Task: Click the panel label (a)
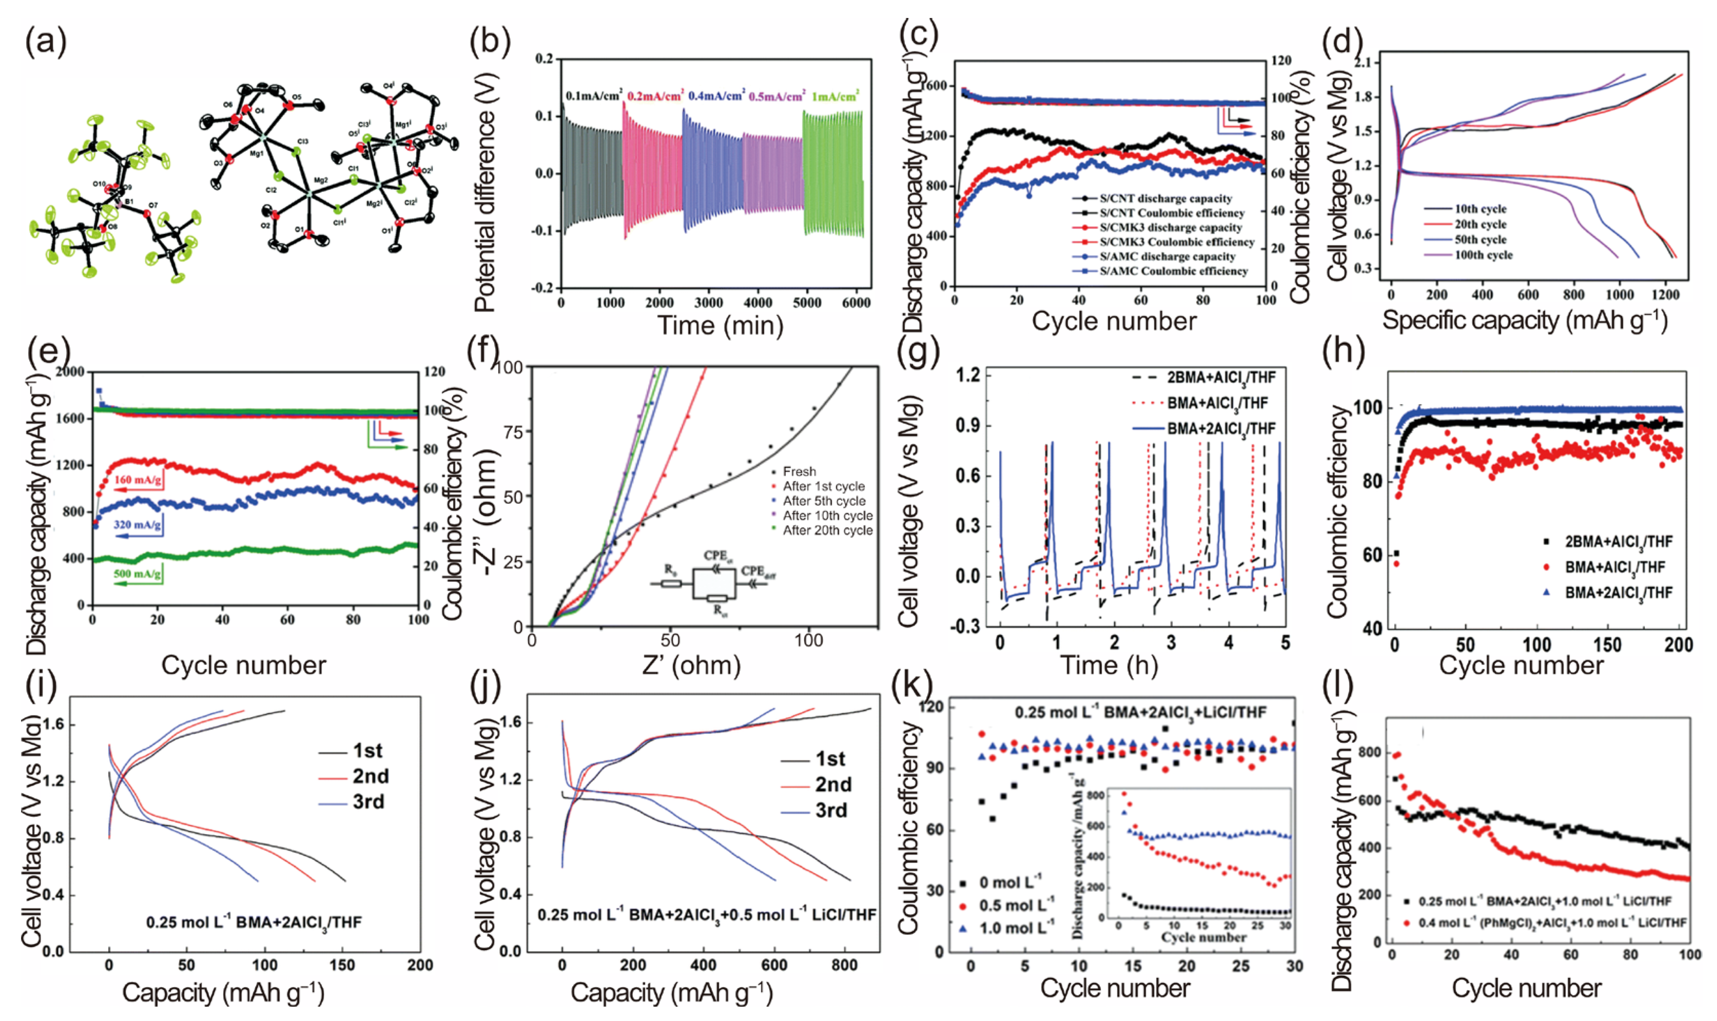(x=45, y=43)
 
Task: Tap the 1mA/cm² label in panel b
(x=834, y=97)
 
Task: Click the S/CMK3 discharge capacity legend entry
(x=1169, y=227)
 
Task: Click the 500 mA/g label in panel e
(x=138, y=574)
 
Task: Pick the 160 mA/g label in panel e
(x=138, y=480)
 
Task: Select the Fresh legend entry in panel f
(x=798, y=472)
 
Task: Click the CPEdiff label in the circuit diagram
(x=759, y=571)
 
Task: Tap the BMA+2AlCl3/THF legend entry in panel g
(x=1220, y=428)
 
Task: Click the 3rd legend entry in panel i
(x=368, y=801)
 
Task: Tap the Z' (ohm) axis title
(x=691, y=664)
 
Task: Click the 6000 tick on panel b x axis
(x=856, y=303)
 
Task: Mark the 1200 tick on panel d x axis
(x=1665, y=295)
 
